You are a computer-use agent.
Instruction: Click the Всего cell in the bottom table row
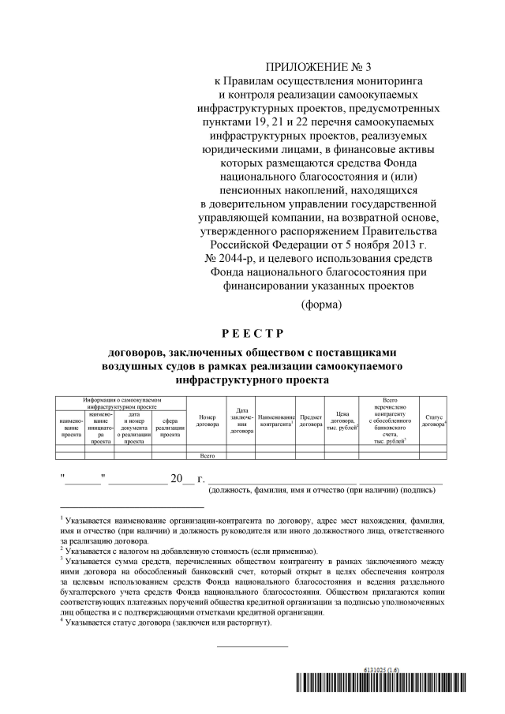tap(208, 456)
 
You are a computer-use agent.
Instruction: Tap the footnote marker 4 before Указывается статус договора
tap(62, 621)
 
